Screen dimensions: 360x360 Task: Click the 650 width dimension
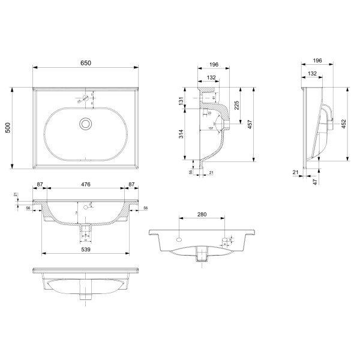pyautogui.click(x=86, y=63)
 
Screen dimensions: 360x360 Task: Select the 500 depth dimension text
pyautogui.click(x=8, y=128)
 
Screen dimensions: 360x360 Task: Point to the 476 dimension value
pyautogui.click(x=86, y=185)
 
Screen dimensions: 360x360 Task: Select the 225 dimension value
pyautogui.click(x=237, y=106)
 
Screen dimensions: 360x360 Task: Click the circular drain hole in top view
pyautogui.click(x=86, y=124)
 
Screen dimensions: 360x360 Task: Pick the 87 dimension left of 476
pyautogui.click(x=40, y=185)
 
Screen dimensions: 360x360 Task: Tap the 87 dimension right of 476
pyautogui.click(x=131, y=185)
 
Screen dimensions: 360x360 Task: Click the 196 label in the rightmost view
pyautogui.click(x=317, y=60)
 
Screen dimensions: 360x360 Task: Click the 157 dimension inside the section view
pyautogui.click(x=211, y=128)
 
